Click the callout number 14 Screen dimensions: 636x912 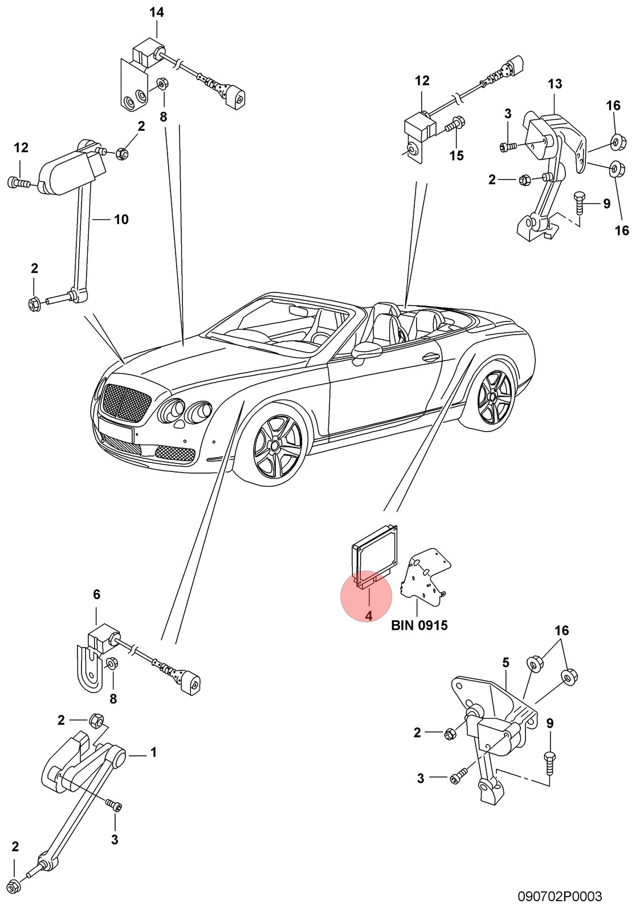(x=156, y=13)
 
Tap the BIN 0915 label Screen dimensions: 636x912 (x=419, y=625)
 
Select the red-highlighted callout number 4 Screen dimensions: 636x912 (x=369, y=616)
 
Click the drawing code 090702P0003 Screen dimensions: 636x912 (x=560, y=896)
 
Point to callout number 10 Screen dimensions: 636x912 (x=121, y=219)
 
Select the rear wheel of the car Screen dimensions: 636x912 (x=494, y=397)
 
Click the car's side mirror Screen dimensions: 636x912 (x=366, y=350)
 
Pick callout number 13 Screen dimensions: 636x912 (x=555, y=84)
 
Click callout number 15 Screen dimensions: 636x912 (x=456, y=156)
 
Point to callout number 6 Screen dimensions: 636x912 (x=96, y=595)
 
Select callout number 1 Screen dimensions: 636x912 (x=153, y=752)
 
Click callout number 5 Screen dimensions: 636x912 (x=505, y=663)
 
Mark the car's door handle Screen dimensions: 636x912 (x=431, y=358)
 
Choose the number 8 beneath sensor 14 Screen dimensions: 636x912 (x=164, y=117)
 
